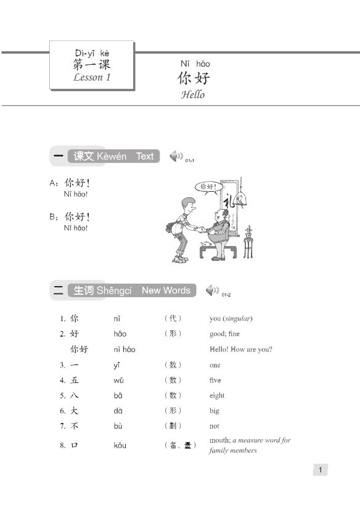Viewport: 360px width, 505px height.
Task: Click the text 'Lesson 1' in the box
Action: click(92, 78)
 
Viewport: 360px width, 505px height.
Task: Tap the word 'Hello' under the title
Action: click(192, 95)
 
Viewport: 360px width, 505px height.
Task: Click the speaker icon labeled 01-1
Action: click(176, 156)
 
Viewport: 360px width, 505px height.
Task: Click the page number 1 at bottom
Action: click(319, 470)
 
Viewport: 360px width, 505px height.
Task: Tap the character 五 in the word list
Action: click(75, 380)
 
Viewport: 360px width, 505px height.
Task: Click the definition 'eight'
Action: click(217, 395)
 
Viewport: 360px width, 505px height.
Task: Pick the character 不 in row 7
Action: click(75, 426)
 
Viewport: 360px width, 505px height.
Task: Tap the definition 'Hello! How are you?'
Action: click(240, 349)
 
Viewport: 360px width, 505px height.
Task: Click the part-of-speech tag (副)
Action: click(173, 426)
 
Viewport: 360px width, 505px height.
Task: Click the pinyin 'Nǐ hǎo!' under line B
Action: click(76, 228)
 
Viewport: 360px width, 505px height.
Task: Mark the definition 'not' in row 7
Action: click(214, 426)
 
